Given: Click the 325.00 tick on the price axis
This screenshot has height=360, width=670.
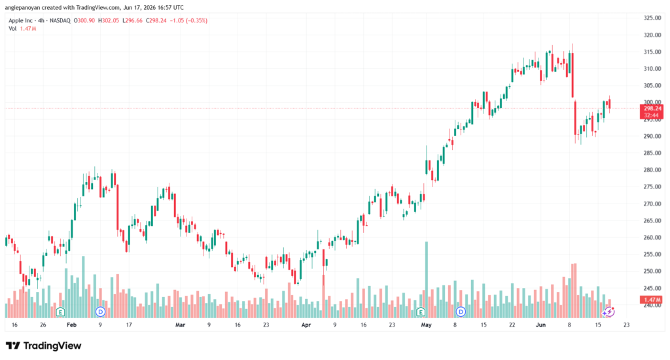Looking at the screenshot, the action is (x=652, y=18).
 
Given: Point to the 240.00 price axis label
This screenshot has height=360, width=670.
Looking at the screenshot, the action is (x=652, y=305).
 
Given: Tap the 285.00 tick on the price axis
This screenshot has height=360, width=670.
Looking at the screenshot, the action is (x=652, y=153).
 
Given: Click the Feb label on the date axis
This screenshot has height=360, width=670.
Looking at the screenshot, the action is (x=71, y=325).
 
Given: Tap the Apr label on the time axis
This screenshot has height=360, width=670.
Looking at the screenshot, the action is (x=306, y=325).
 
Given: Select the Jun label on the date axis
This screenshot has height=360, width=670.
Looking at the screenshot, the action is (x=540, y=325).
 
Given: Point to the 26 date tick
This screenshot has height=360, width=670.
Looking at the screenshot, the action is (x=43, y=325).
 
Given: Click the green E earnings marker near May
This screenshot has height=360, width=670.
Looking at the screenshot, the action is (x=421, y=312).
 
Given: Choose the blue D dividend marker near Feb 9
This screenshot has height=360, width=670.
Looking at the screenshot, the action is (x=100, y=312).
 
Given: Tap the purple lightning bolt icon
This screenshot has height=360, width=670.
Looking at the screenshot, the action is (x=608, y=312).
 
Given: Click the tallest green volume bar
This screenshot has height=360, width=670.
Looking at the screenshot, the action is (x=426, y=279).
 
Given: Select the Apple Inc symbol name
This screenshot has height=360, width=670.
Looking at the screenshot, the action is (x=20, y=20).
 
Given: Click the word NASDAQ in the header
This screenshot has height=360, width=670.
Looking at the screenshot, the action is (x=60, y=20).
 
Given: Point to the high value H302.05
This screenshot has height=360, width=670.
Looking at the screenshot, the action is (x=109, y=20).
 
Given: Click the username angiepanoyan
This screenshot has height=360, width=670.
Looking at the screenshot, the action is (x=23, y=8).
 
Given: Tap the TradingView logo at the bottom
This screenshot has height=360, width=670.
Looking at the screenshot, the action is (x=44, y=346).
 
